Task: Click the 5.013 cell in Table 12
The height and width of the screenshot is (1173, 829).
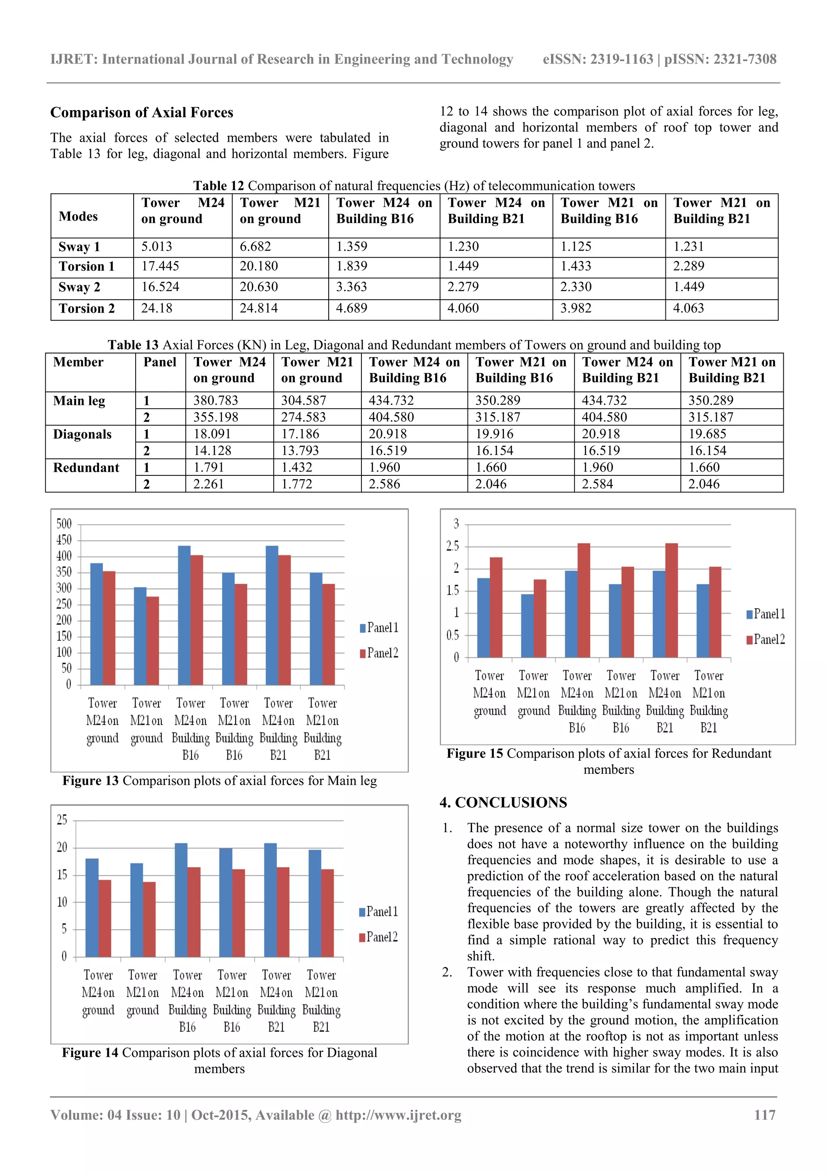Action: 156,247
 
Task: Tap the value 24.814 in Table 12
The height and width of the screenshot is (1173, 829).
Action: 259,309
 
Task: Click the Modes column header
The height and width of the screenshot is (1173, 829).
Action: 78,217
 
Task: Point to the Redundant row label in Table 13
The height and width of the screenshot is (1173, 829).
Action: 86,468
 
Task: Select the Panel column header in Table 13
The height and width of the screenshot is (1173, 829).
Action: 159,362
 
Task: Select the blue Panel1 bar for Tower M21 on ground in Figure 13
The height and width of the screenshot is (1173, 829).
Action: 140,636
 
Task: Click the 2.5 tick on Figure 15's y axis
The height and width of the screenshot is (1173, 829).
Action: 453,546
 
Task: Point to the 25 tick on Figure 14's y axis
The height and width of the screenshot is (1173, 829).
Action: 62,820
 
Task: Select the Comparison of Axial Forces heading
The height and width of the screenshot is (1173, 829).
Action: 142,113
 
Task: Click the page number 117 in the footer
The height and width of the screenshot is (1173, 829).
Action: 764,1115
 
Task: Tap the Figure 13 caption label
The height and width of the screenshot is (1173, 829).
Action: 90,781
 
